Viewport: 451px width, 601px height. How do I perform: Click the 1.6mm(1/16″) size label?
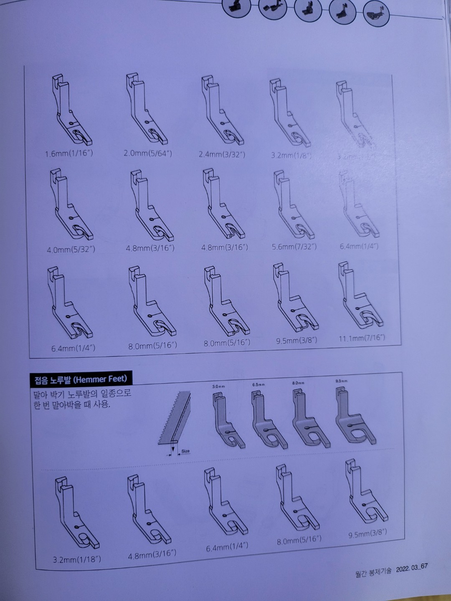69,153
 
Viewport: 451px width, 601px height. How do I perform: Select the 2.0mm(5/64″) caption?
147,153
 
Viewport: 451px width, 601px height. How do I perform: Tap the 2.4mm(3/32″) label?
222,154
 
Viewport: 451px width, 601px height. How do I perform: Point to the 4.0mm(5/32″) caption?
71,250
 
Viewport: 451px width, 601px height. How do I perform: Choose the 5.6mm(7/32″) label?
294,247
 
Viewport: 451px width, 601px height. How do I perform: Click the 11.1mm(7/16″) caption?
362,338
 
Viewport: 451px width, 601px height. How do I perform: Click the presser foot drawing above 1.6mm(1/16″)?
71,111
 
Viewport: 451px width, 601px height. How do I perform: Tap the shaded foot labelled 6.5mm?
269,419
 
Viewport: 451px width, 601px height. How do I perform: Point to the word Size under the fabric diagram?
185,451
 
